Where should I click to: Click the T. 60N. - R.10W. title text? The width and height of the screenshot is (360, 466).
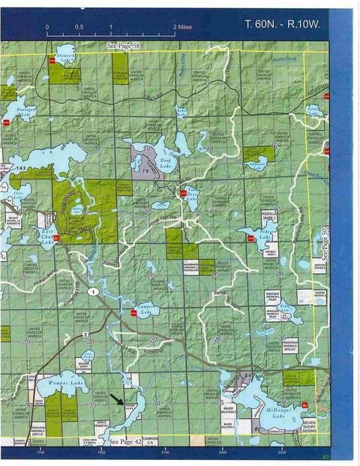click(283, 24)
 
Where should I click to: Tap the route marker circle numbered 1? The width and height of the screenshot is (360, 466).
click(91, 290)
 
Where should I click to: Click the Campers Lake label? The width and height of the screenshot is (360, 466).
click(147, 308)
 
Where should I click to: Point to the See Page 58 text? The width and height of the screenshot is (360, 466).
click(124, 46)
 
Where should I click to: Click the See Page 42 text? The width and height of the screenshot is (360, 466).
click(124, 442)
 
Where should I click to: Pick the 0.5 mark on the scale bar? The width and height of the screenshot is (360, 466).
click(79, 26)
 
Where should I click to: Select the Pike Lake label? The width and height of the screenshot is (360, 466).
click(264, 236)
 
